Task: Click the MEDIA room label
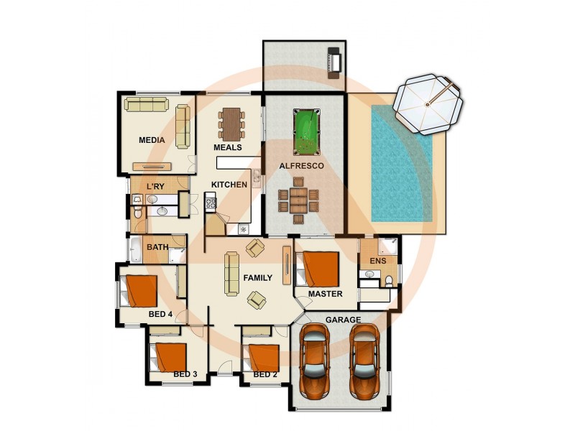tap(152, 140)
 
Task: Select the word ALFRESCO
tap(302, 166)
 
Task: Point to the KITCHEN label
tap(229, 185)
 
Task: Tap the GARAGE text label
tap(343, 320)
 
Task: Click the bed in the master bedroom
tap(317, 269)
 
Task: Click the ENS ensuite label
tap(377, 261)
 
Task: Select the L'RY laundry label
tap(156, 187)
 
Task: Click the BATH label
tap(157, 247)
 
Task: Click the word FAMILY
tap(257, 277)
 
